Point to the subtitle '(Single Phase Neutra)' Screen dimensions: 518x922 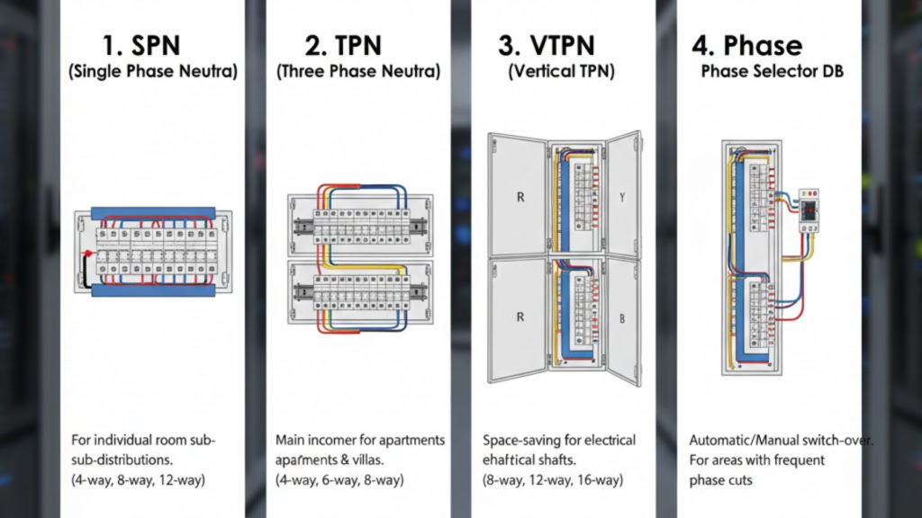(x=153, y=72)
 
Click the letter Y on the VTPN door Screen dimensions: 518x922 (x=622, y=194)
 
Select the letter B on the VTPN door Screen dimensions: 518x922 (x=622, y=317)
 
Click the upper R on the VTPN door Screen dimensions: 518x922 (x=519, y=194)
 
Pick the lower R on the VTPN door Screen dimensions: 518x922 (x=519, y=317)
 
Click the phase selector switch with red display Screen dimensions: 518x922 (x=809, y=210)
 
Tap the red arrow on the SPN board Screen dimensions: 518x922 (x=89, y=256)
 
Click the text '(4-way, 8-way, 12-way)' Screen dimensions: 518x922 (x=138, y=480)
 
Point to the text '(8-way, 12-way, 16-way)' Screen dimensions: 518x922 (x=550, y=480)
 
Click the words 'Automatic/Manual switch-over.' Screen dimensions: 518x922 (x=782, y=441)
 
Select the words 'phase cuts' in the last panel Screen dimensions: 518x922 (x=720, y=480)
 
